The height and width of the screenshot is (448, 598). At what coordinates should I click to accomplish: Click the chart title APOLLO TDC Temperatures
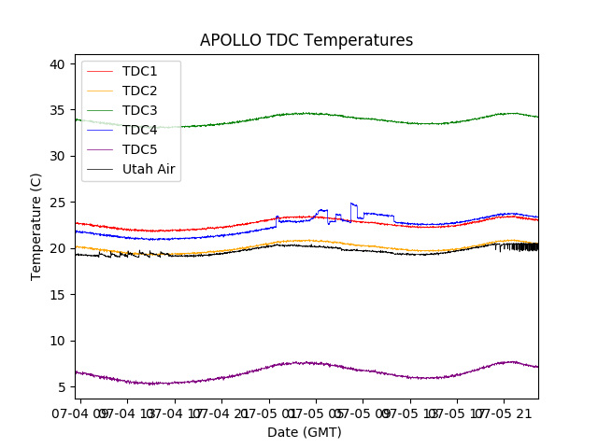click(306, 40)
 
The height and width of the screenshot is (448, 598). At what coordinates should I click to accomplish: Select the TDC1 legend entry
click(139, 71)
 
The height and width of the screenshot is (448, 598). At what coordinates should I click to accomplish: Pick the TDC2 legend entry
click(139, 91)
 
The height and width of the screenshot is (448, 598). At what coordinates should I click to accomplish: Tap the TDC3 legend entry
click(139, 110)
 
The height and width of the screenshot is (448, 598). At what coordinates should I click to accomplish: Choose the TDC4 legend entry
click(139, 130)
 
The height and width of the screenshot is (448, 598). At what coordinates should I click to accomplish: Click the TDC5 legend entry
click(139, 149)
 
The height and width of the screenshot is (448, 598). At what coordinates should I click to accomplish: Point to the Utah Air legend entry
click(149, 169)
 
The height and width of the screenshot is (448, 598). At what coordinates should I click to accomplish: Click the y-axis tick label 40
click(57, 64)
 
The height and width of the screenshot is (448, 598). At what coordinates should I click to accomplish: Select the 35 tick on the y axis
click(57, 110)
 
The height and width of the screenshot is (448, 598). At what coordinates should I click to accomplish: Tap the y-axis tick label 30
click(57, 156)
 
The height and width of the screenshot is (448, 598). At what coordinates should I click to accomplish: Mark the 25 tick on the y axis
click(57, 203)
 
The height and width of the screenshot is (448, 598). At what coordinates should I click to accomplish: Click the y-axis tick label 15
click(57, 294)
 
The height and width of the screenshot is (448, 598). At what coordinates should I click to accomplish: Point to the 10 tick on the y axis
click(57, 341)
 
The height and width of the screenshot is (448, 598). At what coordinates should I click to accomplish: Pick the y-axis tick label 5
click(61, 386)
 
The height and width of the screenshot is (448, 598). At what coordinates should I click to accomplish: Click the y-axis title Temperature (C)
click(36, 227)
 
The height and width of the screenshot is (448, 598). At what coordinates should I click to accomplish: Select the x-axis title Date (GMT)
click(305, 432)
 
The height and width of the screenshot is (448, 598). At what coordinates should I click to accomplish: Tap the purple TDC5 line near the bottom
click(308, 363)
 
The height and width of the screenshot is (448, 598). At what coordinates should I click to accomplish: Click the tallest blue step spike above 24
click(352, 203)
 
